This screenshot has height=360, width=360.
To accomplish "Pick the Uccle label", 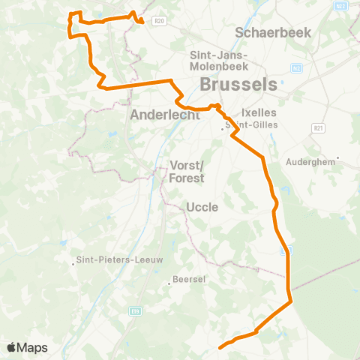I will click(x=202, y=206).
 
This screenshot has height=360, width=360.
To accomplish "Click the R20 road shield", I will click(x=158, y=21).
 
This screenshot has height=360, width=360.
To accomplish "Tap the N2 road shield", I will click(x=297, y=68).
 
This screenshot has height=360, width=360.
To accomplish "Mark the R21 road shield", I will click(x=319, y=128).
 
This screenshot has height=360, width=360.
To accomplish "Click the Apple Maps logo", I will click(x=28, y=347).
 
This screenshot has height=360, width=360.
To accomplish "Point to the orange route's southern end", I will click(x=220, y=347).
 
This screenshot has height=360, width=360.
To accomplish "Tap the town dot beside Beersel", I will click(x=169, y=283).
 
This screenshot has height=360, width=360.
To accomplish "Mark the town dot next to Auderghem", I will click(x=338, y=157).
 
